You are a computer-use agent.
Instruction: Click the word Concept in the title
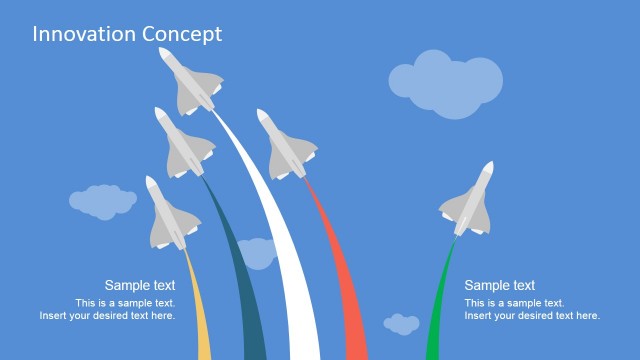[x=182, y=34]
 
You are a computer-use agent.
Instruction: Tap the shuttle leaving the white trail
[x=191, y=82]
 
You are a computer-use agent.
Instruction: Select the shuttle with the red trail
[x=290, y=146]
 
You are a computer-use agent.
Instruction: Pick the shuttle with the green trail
[x=468, y=203]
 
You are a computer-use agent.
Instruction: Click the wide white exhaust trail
[x=285, y=270]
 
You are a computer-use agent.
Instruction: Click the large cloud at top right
[x=445, y=80]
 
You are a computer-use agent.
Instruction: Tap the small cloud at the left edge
[x=102, y=202]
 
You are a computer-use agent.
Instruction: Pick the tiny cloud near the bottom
[x=402, y=324]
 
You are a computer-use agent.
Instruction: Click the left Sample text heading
[x=140, y=286]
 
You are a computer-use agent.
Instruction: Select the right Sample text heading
[x=500, y=286]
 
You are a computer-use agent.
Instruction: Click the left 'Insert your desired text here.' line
[x=108, y=316]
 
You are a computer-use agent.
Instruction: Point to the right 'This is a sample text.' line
[x=514, y=303]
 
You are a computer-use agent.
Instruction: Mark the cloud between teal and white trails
[x=256, y=253]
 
